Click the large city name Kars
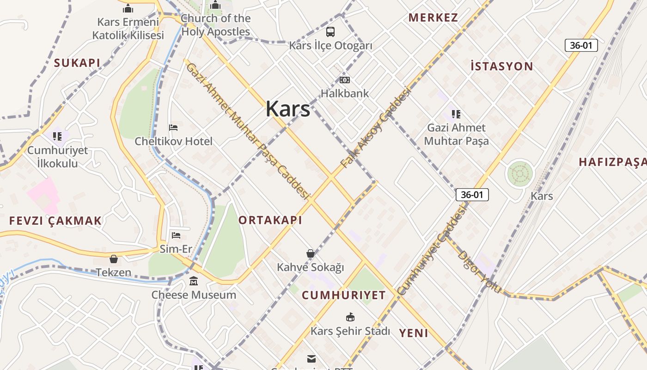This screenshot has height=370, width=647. [x=287, y=109]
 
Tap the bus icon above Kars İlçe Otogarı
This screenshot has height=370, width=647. [x=330, y=32]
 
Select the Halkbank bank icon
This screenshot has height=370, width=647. [x=345, y=80]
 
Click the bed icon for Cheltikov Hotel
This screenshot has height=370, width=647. [x=173, y=128]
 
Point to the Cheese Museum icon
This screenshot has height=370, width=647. [x=194, y=281]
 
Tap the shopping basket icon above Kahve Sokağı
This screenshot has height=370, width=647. [x=311, y=253]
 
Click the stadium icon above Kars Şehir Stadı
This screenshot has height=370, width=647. [x=350, y=317]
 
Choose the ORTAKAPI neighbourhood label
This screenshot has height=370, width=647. [x=270, y=220]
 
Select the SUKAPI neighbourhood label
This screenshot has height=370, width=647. [x=77, y=63]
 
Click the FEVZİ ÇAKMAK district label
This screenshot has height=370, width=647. [x=55, y=221]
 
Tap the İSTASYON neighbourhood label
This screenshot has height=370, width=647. [x=501, y=66]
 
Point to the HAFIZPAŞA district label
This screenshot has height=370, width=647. [x=612, y=162]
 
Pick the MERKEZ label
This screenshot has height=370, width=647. [x=433, y=18]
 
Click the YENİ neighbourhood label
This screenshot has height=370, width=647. [x=413, y=333]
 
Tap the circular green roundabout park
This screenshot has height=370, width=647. [x=520, y=174]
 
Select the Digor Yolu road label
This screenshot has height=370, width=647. [x=479, y=271]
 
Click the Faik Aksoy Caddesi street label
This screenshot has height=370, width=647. [x=375, y=127]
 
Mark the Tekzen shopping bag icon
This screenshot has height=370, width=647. [x=114, y=259]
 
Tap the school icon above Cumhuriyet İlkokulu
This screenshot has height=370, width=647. [x=57, y=136]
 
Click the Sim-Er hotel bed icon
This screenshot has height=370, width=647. [x=176, y=235]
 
